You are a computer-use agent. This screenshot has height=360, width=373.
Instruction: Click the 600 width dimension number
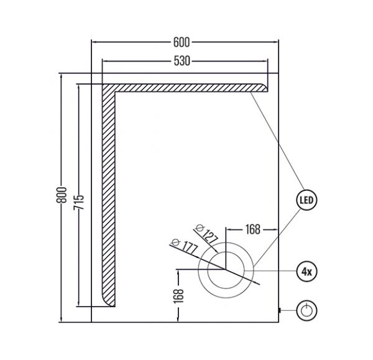(182, 43)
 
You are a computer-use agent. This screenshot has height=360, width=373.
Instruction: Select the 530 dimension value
(182, 61)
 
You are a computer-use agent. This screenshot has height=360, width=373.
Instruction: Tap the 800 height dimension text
(62, 195)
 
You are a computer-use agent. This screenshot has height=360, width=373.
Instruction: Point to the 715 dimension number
(79, 202)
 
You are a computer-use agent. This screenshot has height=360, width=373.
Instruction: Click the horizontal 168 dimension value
(253, 229)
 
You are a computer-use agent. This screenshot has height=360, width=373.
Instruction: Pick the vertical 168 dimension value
(179, 296)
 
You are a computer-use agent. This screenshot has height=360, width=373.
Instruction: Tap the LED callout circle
(307, 200)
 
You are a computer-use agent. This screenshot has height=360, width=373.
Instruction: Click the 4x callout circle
(307, 271)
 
